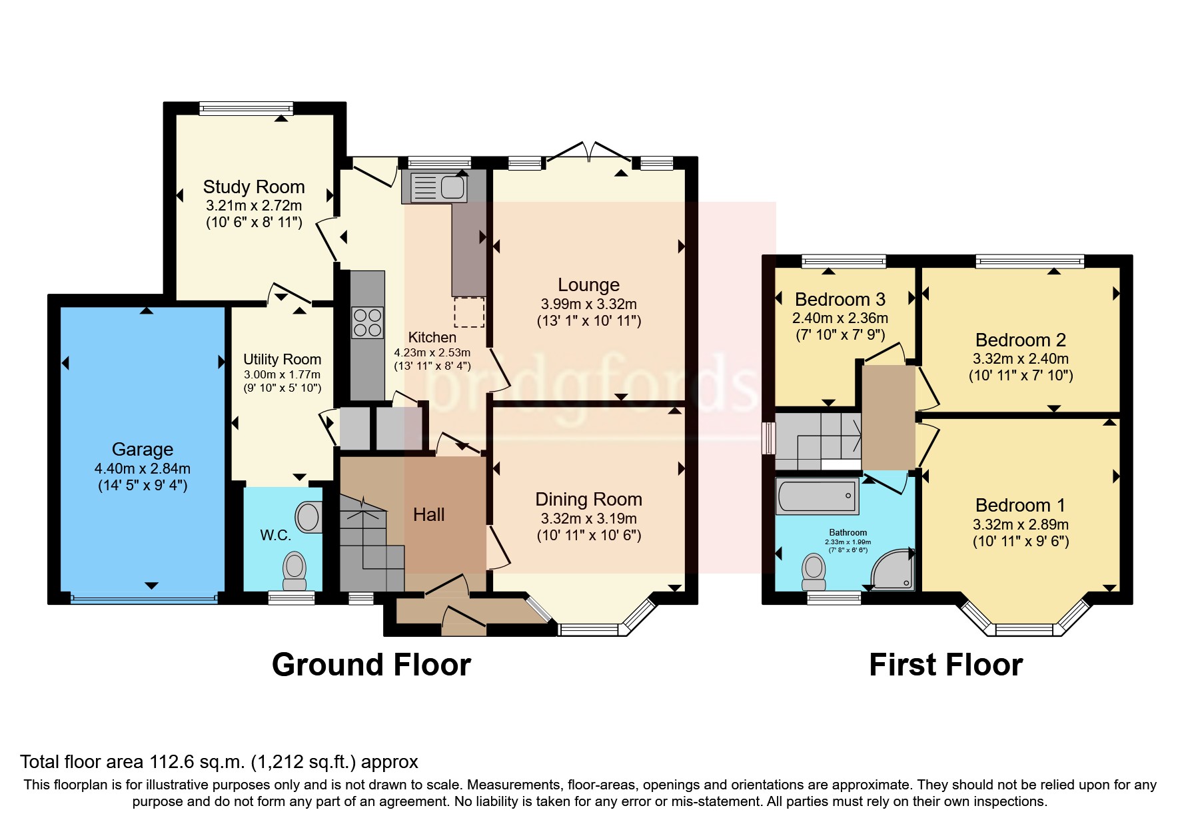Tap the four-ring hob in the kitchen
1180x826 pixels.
(x=367, y=322)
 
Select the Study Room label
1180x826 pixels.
(x=254, y=187)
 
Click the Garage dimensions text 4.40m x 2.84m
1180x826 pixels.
(x=143, y=468)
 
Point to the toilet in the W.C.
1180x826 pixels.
(x=295, y=572)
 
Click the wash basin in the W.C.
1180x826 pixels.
(x=308, y=516)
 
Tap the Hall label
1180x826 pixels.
(x=428, y=514)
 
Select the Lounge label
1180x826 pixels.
(x=588, y=285)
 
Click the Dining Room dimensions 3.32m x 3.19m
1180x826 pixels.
(x=588, y=518)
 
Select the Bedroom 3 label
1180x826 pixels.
(x=840, y=299)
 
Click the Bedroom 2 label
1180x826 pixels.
(x=1020, y=340)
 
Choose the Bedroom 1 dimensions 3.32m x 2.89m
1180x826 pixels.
(x=1020, y=524)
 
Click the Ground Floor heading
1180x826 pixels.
(x=371, y=665)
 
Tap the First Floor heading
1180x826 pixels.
(x=945, y=665)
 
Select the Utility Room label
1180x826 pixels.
(x=282, y=359)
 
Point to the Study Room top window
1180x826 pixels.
(x=246, y=109)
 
